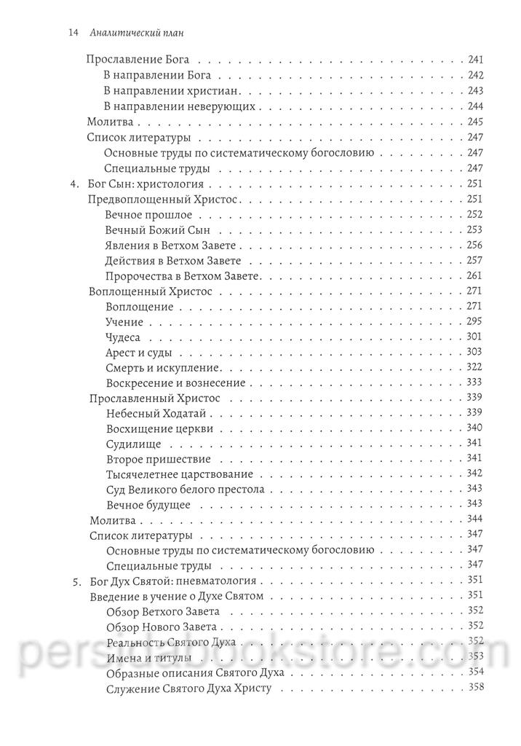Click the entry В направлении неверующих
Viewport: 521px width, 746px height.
(x=179, y=106)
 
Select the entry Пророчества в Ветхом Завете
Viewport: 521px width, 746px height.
(x=183, y=276)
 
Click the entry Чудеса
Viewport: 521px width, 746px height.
(x=122, y=337)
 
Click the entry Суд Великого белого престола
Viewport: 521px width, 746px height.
(x=185, y=490)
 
